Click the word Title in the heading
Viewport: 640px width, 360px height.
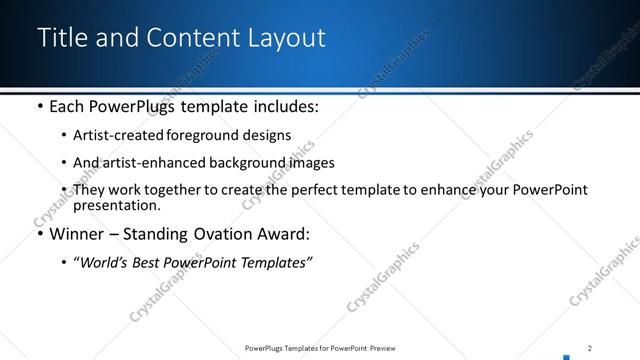[62, 38]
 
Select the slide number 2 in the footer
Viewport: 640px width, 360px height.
[590, 348]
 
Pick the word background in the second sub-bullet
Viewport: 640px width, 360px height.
[237, 162]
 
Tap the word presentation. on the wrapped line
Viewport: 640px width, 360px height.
[117, 205]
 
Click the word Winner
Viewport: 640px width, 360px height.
[78, 234]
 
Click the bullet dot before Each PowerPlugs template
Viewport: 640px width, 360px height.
[39, 106]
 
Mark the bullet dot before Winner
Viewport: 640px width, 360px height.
[39, 235]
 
